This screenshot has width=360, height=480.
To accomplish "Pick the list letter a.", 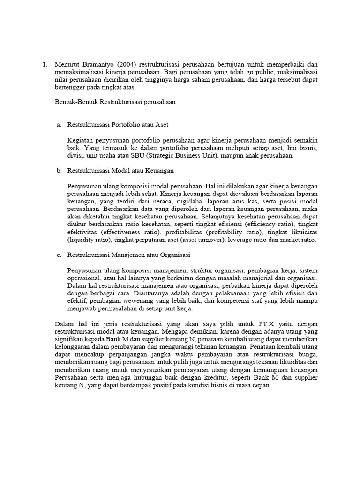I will [59, 125].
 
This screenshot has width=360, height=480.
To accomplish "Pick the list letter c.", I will [59, 255].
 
